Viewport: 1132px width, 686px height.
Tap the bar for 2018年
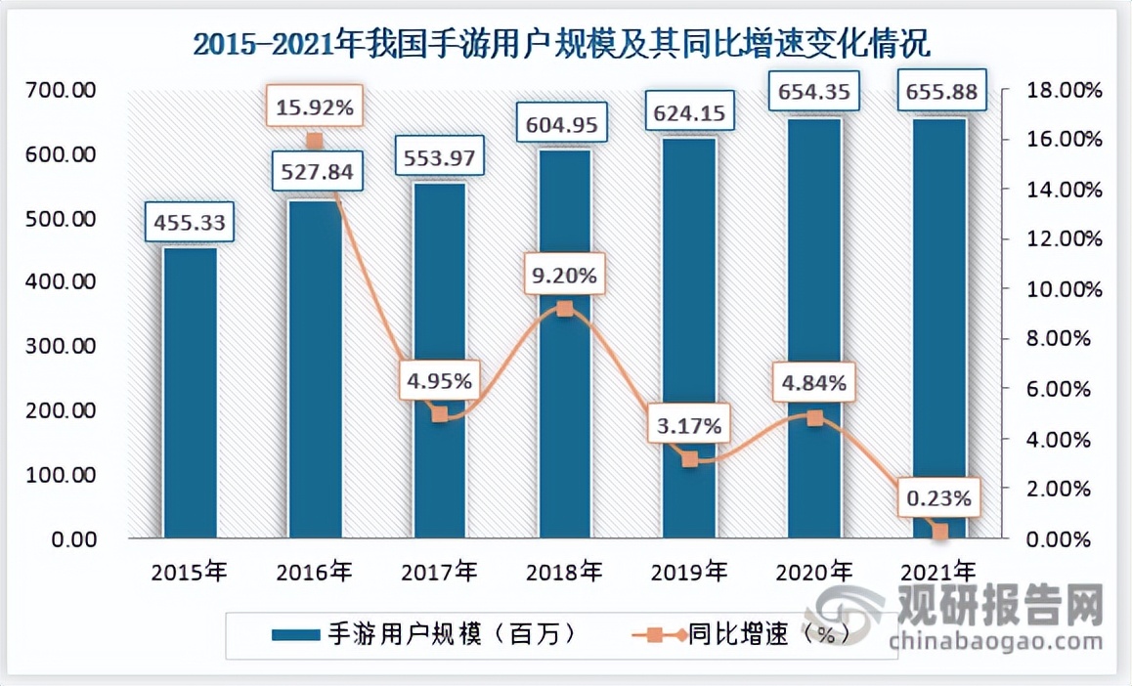564,430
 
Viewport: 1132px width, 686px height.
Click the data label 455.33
189,224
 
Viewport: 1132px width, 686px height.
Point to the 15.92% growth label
314,108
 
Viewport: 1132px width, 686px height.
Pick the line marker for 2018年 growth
564,309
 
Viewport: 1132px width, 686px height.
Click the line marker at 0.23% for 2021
940,532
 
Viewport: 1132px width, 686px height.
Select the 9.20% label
564,277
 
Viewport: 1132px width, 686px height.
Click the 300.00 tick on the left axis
63,346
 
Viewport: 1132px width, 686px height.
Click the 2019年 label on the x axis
689,571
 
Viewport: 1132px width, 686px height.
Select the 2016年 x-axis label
314,571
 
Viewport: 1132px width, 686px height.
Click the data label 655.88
939,93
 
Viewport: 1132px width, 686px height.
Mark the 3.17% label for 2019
688,426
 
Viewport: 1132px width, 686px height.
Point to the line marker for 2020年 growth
814,418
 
